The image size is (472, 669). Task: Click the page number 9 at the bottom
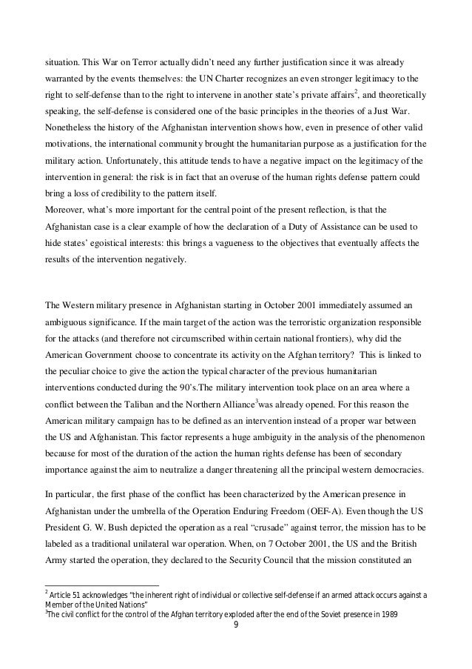pyautogui.click(x=235, y=632)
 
